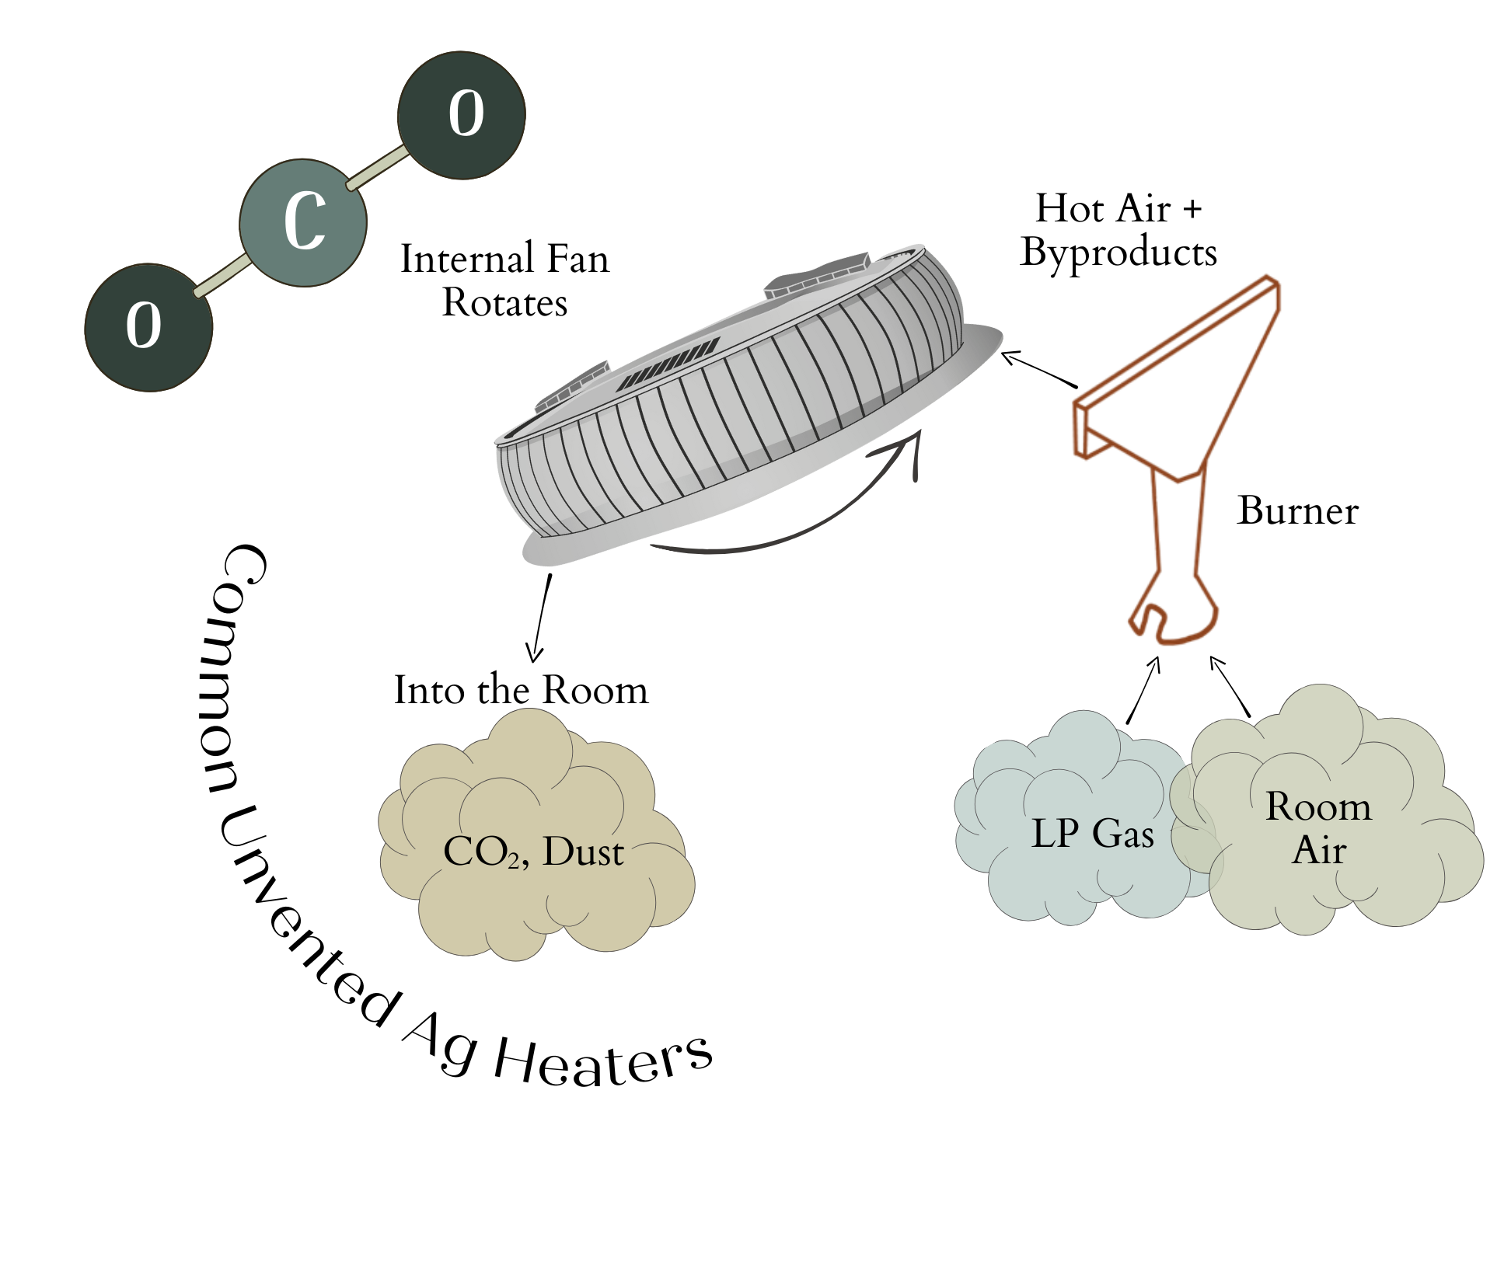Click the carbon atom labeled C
click(x=303, y=223)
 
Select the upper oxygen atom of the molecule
click(x=462, y=115)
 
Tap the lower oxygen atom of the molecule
click(x=148, y=327)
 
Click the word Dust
click(x=583, y=852)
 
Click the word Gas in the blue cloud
click(x=1123, y=834)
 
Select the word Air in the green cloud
click(x=1319, y=850)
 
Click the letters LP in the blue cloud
click(x=1054, y=834)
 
